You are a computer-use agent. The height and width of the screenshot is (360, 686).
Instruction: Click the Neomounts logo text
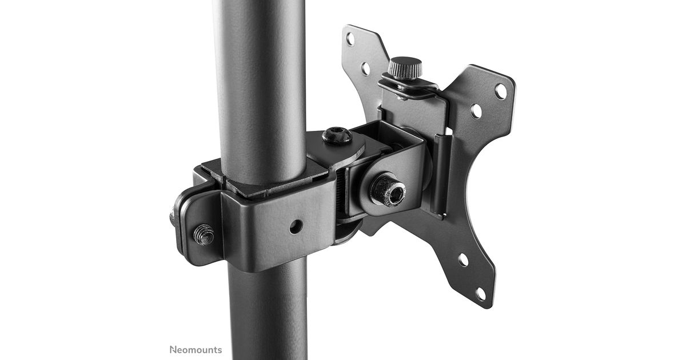click(x=196, y=350)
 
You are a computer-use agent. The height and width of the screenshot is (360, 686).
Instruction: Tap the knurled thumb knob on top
click(x=405, y=68)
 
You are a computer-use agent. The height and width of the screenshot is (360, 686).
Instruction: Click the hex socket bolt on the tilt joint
click(x=388, y=189)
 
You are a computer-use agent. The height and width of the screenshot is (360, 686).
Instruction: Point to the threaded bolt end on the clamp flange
click(x=204, y=234)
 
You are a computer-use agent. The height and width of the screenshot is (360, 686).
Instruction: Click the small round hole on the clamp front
click(x=296, y=226)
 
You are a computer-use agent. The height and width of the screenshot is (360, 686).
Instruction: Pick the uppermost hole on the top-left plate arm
click(x=350, y=39)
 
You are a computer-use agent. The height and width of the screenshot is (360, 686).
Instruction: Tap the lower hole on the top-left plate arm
click(x=365, y=69)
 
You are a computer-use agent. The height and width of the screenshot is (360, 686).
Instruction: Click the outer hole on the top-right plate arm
click(x=501, y=91)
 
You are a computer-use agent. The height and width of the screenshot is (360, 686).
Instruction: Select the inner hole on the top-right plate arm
click(x=476, y=111)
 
